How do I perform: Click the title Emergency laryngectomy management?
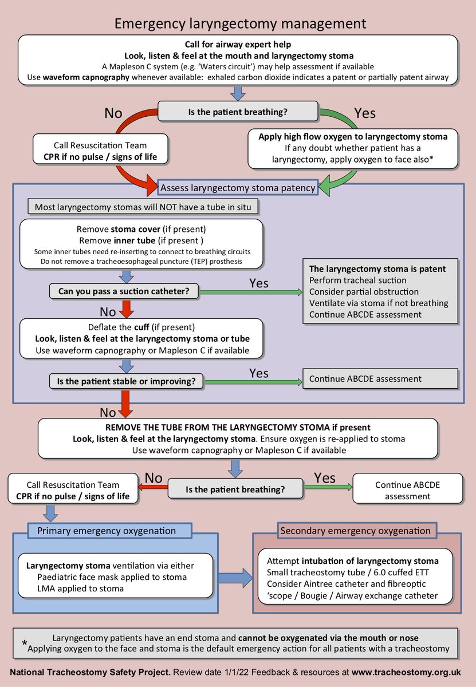pos(240,23)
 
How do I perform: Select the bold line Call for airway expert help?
pos(238,45)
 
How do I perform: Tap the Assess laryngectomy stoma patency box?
pos(237,187)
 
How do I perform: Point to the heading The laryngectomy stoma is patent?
pos(377,269)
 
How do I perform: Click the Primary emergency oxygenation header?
pos(107,531)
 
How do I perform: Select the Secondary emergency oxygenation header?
pos(355,531)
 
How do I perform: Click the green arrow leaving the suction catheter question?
pos(253,292)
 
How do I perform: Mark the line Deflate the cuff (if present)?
pos(141,327)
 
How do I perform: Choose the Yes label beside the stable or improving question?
pos(259,373)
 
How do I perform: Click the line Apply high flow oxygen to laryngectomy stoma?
pos(353,137)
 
